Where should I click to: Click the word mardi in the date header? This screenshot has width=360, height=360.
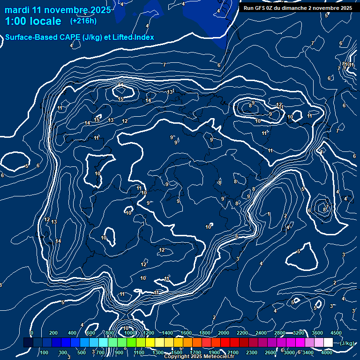16,10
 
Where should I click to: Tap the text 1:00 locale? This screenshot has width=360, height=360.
33,22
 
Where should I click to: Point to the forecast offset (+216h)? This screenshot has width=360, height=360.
83,21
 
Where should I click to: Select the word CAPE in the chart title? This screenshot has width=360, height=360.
76,37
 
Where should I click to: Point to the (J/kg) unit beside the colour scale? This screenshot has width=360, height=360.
347,344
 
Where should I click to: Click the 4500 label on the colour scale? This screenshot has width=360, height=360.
336,333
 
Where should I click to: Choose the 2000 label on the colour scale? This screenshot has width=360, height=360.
224,333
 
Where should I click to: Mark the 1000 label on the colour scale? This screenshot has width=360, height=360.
130,333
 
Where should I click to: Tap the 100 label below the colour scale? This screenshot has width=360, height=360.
44,352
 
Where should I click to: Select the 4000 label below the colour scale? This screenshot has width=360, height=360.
327,352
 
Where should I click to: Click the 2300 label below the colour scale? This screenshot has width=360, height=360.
252,352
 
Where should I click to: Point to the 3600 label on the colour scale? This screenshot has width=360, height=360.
317,333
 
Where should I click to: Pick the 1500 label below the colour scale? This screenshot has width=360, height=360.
177,352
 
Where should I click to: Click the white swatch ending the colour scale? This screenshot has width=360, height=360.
328,343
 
